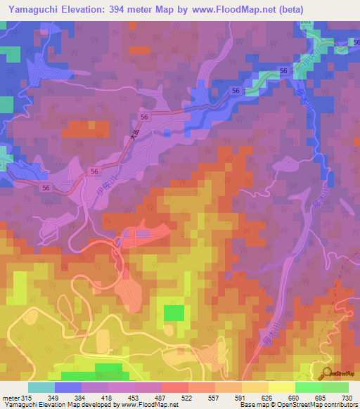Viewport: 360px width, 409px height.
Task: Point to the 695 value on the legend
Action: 322,398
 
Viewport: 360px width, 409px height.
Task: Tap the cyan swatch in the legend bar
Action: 41,387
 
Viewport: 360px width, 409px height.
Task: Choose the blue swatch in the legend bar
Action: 67,387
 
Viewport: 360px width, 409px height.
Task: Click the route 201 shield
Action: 305,22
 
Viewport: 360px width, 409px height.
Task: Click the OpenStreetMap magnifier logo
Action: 328,373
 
